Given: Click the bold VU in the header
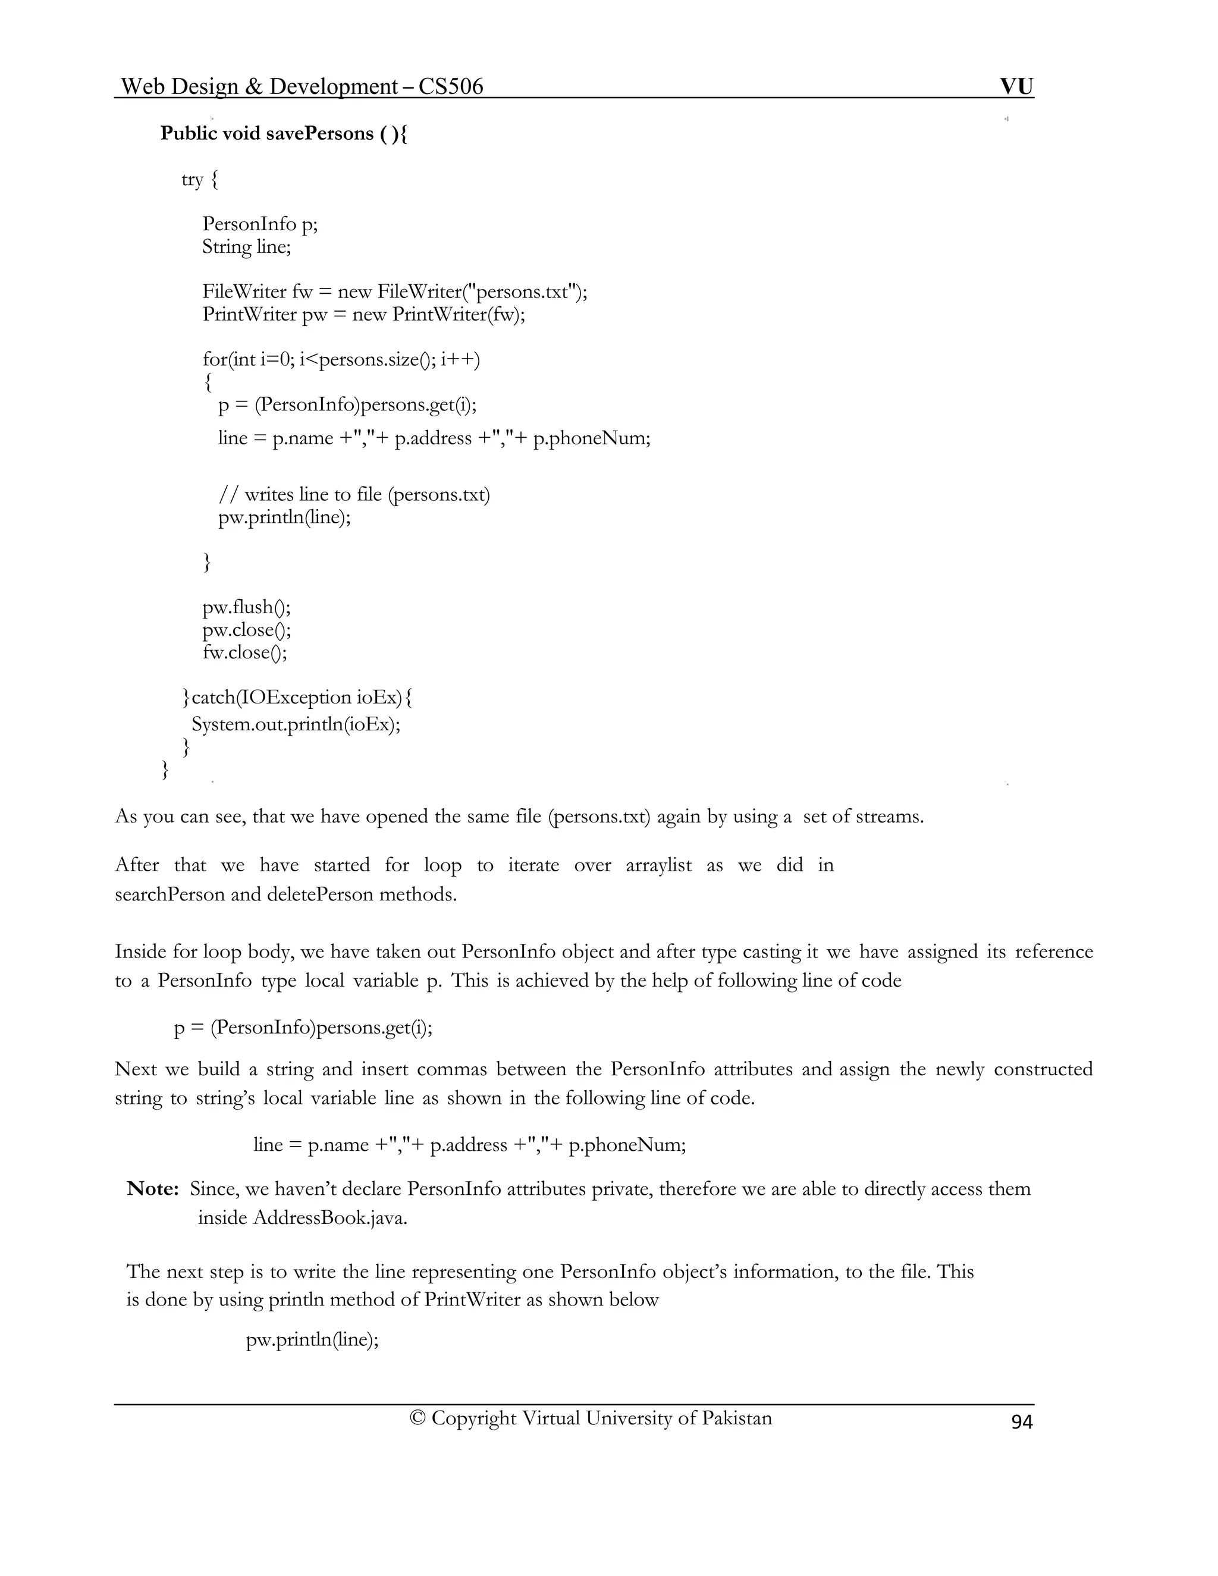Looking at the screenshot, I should (x=1016, y=87).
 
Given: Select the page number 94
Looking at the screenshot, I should (x=1022, y=1421).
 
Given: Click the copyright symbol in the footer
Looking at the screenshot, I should (x=417, y=1418).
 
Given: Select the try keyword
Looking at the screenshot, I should (x=192, y=179).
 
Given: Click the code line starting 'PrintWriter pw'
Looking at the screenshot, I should (x=363, y=315).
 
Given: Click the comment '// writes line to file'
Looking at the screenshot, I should (x=354, y=494).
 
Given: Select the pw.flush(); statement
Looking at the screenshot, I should (x=246, y=607).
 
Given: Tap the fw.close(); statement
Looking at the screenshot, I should (x=244, y=652).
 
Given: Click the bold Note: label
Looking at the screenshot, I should (x=152, y=1188).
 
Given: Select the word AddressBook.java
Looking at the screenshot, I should (x=329, y=1218).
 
